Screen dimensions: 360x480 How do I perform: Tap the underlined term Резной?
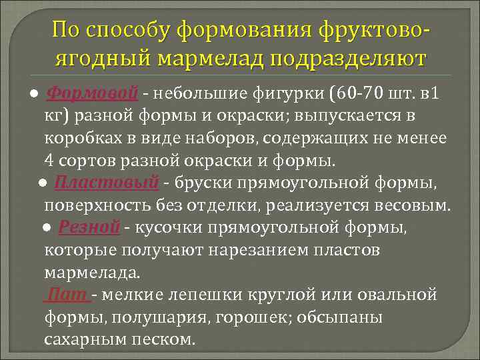click(x=89, y=227)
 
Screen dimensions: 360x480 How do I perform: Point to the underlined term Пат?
click(x=67, y=295)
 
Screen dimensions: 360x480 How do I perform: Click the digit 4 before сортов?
click(x=49, y=161)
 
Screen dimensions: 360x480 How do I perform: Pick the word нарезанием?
click(x=254, y=250)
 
